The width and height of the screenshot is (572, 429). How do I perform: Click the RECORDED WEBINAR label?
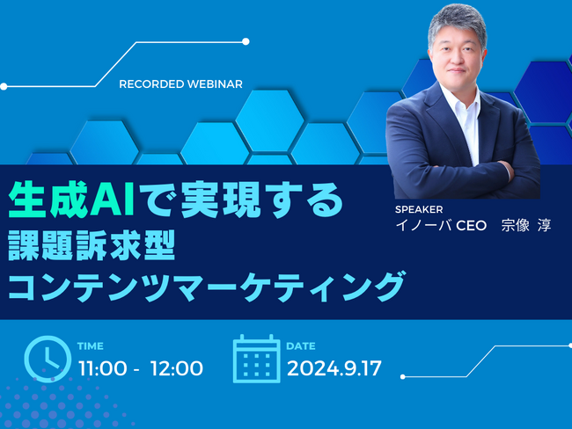180,84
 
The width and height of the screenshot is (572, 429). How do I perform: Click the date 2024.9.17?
334,368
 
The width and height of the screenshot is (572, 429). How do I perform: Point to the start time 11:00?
103,368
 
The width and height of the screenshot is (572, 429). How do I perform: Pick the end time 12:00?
177,368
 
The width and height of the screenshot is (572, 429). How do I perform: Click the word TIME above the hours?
91,345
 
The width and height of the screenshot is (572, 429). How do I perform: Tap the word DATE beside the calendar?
301,345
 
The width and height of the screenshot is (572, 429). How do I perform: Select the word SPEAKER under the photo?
419,209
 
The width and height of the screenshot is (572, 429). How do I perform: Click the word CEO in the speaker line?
472,226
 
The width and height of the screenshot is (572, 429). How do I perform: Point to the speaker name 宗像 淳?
525,225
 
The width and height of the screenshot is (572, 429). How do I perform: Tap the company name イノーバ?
423,225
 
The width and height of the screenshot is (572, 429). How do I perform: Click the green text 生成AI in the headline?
71,200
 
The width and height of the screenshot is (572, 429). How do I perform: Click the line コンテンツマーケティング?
206,287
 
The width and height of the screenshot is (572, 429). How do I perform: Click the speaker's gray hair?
458,20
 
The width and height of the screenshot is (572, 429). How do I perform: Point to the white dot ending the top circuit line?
246,41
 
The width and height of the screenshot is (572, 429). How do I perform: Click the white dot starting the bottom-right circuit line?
403,377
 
